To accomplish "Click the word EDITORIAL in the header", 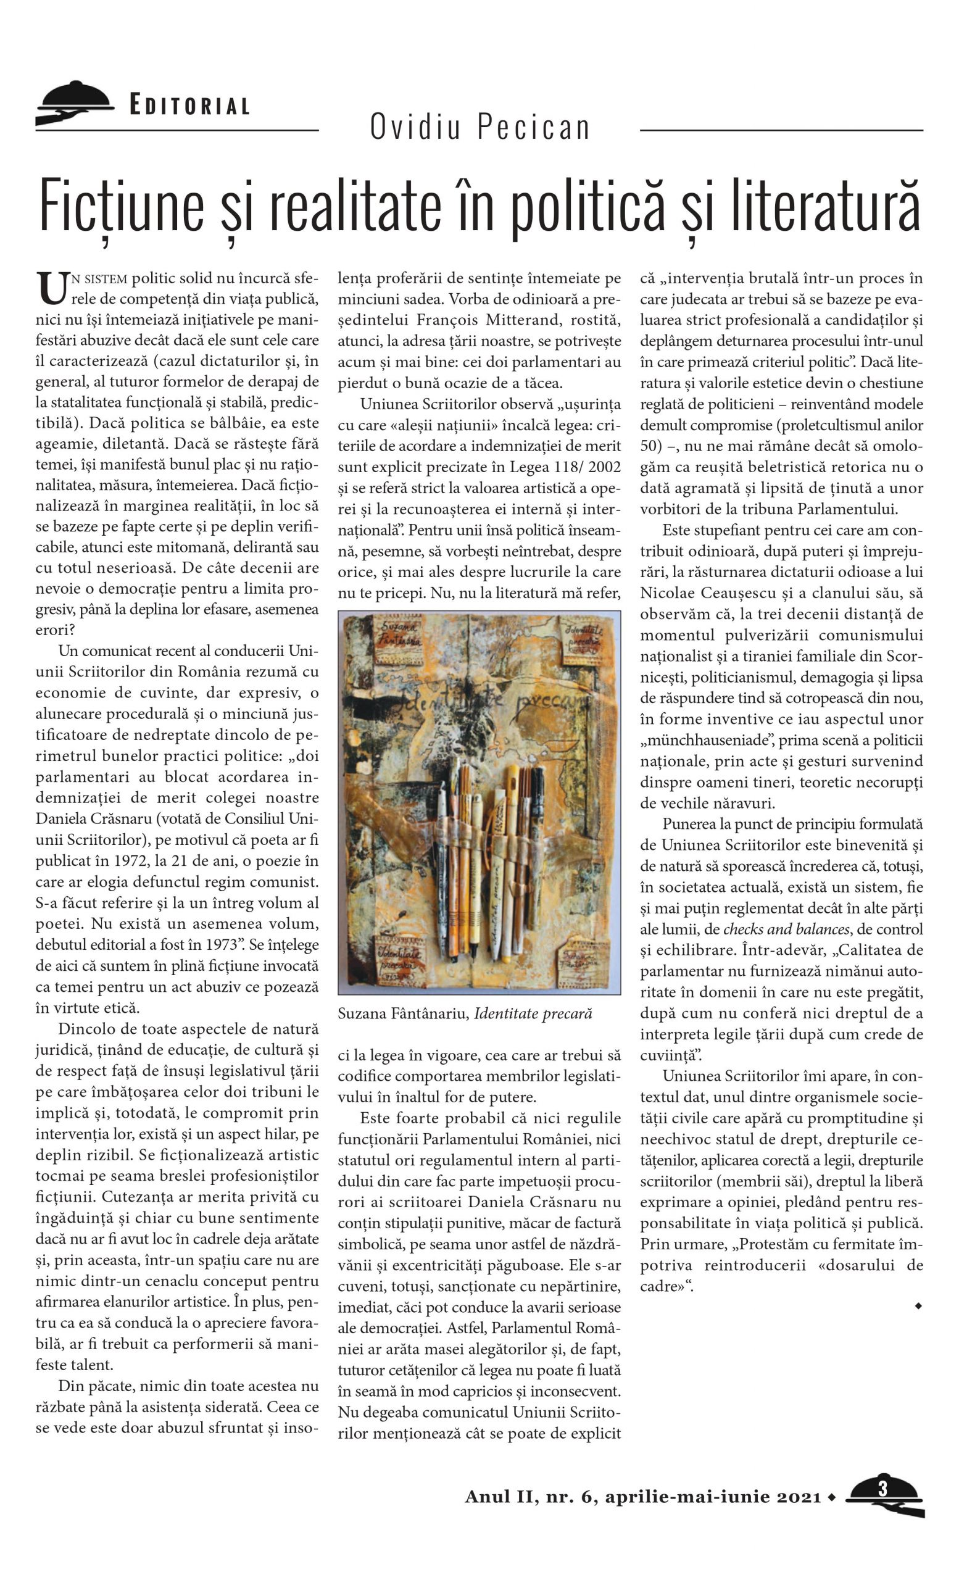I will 189,105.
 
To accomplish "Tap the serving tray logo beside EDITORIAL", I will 73,102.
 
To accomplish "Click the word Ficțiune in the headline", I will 122,206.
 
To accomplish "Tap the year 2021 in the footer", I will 799,1497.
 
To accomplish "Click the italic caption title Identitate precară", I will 533,1014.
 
